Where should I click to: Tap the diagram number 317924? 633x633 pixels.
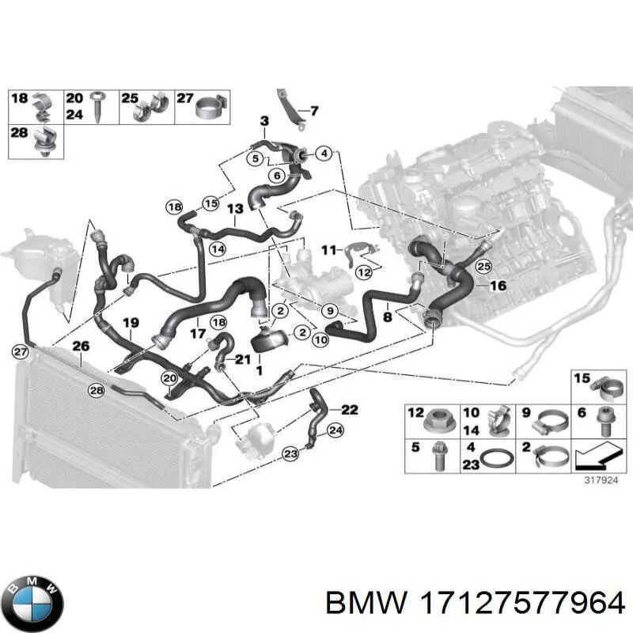tap(601, 480)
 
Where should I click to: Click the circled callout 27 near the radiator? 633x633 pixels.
tap(21, 351)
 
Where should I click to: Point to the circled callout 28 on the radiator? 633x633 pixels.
tap(97, 390)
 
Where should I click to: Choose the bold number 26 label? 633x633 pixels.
tap(81, 346)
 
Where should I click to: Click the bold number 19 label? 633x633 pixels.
tap(131, 323)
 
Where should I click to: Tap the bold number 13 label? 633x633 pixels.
tap(235, 209)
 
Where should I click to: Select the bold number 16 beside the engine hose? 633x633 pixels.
tap(498, 286)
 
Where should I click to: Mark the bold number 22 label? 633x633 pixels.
tap(350, 410)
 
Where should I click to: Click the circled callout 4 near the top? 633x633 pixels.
tap(324, 154)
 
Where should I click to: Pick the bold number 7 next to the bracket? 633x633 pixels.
tap(314, 111)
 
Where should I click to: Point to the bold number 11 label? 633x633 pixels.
tap(329, 250)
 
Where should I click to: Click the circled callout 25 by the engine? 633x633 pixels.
tap(483, 267)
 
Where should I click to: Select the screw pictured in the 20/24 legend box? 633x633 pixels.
tap(97, 106)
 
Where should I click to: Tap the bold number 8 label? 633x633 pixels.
tap(388, 316)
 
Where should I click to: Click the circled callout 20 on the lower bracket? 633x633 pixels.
tap(169, 378)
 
